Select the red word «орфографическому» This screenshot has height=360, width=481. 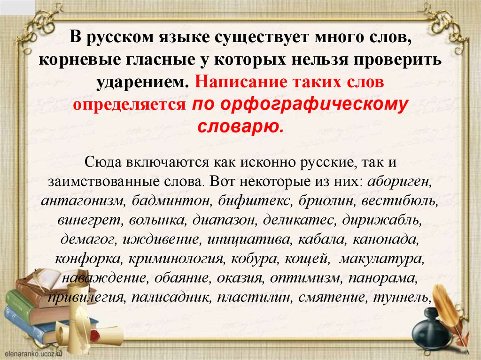[x=299, y=104]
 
